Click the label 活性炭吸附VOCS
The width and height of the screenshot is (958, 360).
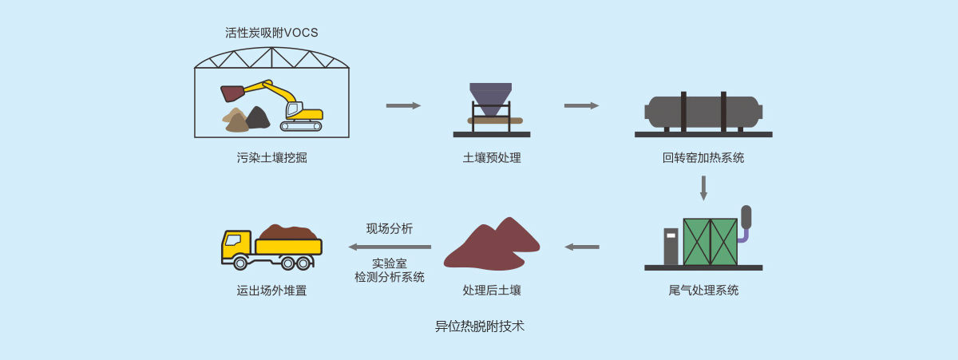click(271, 33)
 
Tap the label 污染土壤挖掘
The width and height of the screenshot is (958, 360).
click(271, 158)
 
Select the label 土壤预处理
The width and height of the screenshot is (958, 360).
click(492, 158)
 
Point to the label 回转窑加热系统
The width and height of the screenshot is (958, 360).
click(703, 158)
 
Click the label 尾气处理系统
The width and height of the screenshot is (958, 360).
click(703, 291)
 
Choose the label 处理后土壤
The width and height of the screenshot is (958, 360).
click(492, 291)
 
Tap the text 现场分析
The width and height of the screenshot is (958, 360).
click(390, 229)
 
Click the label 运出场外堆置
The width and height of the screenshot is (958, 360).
click(271, 291)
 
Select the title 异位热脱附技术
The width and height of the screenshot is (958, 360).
click(480, 326)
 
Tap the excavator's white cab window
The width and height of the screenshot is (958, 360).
click(293, 109)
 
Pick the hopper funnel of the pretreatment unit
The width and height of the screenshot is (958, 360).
click(490, 97)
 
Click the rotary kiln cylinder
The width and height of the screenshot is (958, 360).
click(703, 112)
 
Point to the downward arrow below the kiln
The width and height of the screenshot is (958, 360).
click(703, 188)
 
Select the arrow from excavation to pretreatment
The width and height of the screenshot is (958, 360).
click(403, 105)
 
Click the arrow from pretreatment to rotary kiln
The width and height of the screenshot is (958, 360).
click(581, 105)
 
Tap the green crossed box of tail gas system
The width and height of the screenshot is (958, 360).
click(710, 241)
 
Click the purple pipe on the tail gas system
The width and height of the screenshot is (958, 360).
click(743, 235)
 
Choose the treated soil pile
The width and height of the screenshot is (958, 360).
click(491, 243)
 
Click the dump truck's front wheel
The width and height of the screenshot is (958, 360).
click(240, 263)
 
